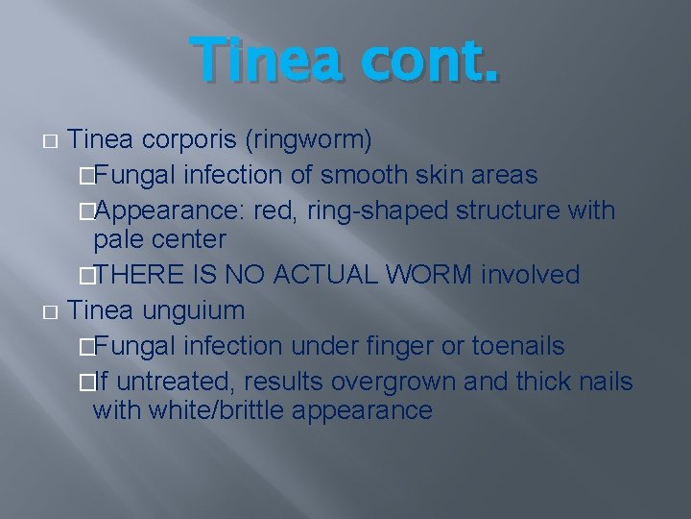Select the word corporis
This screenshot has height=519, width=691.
click(x=191, y=140)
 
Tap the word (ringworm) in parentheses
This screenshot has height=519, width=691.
click(x=309, y=140)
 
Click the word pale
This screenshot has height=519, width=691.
click(x=119, y=238)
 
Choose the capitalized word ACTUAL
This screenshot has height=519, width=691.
click(x=324, y=275)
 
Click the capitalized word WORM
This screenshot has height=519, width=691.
click(x=429, y=275)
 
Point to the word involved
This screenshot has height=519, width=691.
click(x=531, y=275)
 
